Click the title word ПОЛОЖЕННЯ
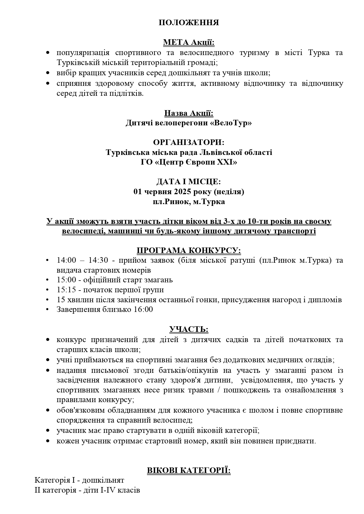[x=189, y=23]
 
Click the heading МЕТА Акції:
[x=189, y=43]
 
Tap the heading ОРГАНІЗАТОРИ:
[x=189, y=142]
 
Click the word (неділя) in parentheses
[x=229, y=192]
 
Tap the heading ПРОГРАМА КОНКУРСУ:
[x=189, y=251]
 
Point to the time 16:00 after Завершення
[x=143, y=310]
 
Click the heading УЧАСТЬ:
[x=189, y=329]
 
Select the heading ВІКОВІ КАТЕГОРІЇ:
[x=189, y=470]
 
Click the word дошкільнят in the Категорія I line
[x=103, y=480]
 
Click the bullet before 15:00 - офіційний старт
[x=48, y=280]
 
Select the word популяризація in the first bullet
[x=83, y=53]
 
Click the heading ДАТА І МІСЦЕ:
[x=189, y=182]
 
